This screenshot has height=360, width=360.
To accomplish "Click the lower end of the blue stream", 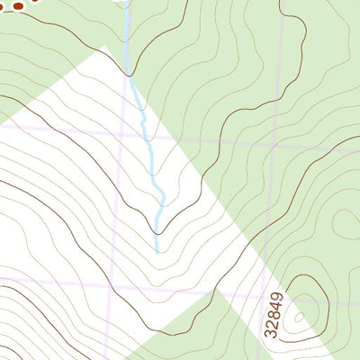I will [x=157, y=249].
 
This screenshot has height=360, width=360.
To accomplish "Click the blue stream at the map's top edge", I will [x=125, y=3].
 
